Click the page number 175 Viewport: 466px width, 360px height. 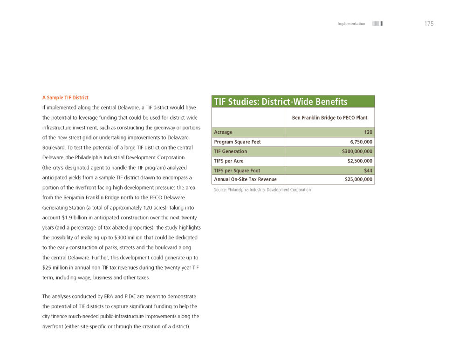pyautogui.click(x=429, y=24)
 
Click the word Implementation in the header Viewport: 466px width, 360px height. pyautogui.click(x=351, y=24)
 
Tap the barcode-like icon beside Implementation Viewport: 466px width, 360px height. pyautogui.click(x=377, y=24)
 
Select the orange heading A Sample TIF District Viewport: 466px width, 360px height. pyautogui.click(x=65, y=98)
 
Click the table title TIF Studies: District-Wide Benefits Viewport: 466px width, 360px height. pyautogui.click(x=281, y=102)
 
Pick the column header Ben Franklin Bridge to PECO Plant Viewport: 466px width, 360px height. pyautogui.click(x=329, y=118)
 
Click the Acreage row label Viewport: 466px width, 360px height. pyautogui.click(x=223, y=132)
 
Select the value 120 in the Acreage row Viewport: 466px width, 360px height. pyautogui.click(x=368, y=132)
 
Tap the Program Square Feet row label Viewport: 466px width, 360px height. pyautogui.click(x=238, y=142)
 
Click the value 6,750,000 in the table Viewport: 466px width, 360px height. pyautogui.click(x=361, y=142)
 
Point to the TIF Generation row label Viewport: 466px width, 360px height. pyautogui.click(x=231, y=151)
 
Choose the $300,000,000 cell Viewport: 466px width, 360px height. pyautogui.click(x=357, y=151)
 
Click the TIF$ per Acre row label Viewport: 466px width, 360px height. pyautogui.click(x=229, y=161)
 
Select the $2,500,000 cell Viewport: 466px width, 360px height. pyautogui.click(x=360, y=161)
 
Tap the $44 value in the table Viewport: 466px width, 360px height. pyautogui.click(x=368, y=170)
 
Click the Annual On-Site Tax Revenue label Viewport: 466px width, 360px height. pyautogui.click(x=246, y=179)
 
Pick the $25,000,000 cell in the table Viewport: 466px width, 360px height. pyautogui.click(x=358, y=179)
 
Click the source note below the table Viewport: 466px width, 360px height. pyautogui.click(x=262, y=190)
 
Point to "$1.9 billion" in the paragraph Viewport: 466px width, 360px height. pyautogui.click(x=75, y=218)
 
